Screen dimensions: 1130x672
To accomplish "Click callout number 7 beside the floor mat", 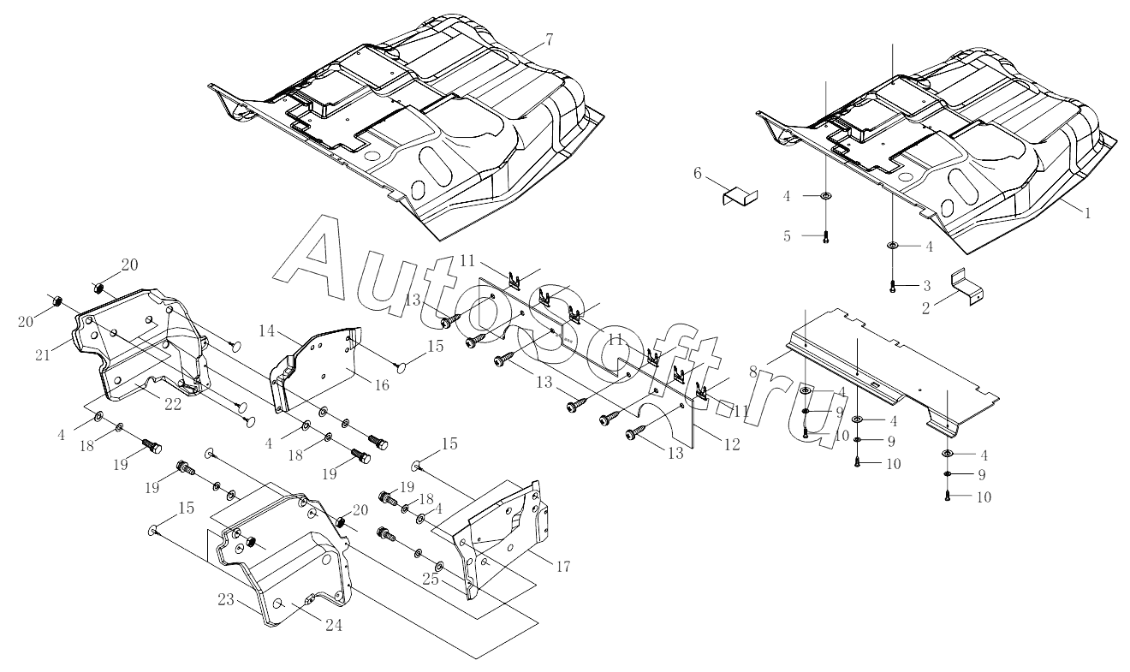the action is pos(549,40).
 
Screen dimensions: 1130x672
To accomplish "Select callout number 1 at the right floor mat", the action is pos(1087,213).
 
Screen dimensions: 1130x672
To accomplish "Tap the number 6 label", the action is pos(697,174).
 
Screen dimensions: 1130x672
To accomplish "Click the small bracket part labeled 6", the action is pos(740,197).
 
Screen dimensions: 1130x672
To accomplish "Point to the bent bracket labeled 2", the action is pos(967,289).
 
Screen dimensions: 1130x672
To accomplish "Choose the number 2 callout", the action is pos(925,308).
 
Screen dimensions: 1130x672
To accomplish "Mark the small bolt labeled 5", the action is pos(826,237).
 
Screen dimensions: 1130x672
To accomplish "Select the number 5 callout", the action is pos(787,236).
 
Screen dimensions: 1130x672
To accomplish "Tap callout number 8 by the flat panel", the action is pos(753,372).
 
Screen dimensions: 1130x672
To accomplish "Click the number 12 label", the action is pos(732,444).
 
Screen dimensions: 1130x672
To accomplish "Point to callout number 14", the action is pos(267,331).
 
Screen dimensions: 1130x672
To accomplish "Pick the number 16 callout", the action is pos(382,385).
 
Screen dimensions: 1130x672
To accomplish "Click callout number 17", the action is pos(563,567).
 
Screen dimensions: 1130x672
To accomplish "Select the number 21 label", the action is pos(43,355).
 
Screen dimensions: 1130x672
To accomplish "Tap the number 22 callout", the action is pos(173,405).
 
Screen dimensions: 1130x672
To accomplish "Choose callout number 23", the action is pos(226,600).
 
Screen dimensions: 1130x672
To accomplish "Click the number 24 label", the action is pos(334,626).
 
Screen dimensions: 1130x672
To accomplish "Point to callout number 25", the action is pos(431,580).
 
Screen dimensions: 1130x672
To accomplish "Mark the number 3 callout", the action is pos(926,286).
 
